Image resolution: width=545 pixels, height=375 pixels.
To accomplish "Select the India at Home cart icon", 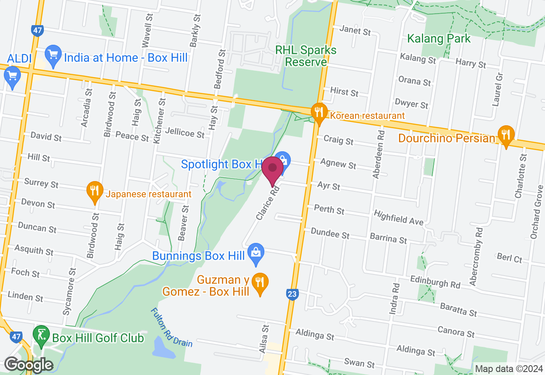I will point(53,56).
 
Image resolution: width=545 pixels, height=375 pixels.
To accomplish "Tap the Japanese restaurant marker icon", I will point(95,192).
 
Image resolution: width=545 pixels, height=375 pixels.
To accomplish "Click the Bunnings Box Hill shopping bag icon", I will point(256,254).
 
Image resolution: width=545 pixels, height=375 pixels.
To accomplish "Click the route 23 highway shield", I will point(292,294).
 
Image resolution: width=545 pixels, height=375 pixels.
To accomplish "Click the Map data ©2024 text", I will point(509,369).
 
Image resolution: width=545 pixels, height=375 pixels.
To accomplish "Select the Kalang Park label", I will point(439,39).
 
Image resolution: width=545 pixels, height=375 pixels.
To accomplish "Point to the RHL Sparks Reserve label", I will point(306,56).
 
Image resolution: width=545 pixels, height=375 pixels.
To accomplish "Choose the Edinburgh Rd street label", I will point(435,282).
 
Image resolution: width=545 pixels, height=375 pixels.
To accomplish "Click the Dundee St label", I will point(330,234).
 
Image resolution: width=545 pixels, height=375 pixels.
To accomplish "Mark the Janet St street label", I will point(355,31).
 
